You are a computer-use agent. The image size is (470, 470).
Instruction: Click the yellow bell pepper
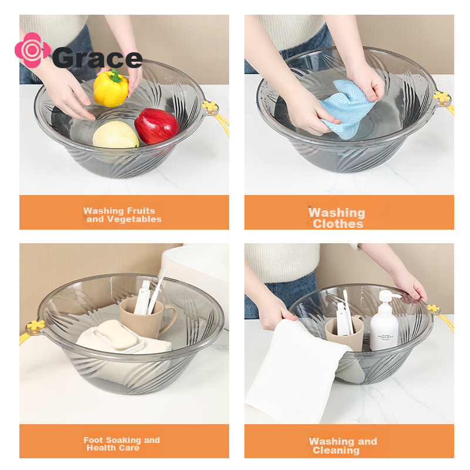pyautogui.click(x=110, y=89)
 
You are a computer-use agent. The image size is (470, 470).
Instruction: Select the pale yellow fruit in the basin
pyautogui.click(x=115, y=135)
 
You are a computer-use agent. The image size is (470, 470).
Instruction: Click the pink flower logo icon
pyautogui.click(x=32, y=50)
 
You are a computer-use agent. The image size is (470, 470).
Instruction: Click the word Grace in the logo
pyautogui.click(x=98, y=58)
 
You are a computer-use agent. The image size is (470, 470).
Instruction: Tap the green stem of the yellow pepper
pyautogui.click(x=115, y=76)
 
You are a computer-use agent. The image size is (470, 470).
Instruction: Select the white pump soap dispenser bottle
pyautogui.click(x=384, y=321)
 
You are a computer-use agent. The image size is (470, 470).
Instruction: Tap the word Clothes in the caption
pyautogui.click(x=338, y=224)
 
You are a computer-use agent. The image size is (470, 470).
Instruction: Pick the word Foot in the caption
pyautogui.click(x=93, y=440)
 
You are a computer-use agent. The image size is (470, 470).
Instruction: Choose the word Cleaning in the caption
pyautogui.click(x=335, y=450)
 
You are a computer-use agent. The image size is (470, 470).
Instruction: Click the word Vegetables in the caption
pyautogui.click(x=135, y=219)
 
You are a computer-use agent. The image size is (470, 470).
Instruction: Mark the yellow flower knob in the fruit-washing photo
pyautogui.click(x=209, y=106)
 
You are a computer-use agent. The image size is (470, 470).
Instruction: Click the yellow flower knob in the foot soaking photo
pyautogui.click(x=36, y=325)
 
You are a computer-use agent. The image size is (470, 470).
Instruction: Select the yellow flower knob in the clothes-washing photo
pyautogui.click(x=442, y=97)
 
